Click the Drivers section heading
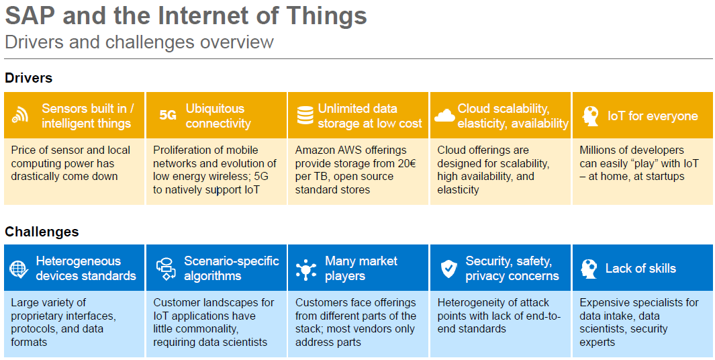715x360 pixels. coord(28,78)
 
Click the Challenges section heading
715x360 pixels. coord(42,232)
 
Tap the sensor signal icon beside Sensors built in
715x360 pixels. coord(20,116)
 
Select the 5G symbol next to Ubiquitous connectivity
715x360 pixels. coord(168,116)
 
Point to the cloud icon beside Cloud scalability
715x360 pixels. coord(444,116)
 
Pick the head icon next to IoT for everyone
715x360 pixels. coord(590,116)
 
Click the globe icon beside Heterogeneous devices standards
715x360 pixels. coord(19,268)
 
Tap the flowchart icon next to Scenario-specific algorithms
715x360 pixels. coord(166,269)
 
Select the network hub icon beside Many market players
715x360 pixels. coord(305,269)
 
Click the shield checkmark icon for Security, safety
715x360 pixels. coord(448,269)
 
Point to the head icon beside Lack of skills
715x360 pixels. coord(589,269)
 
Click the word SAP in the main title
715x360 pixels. coord(31,16)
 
